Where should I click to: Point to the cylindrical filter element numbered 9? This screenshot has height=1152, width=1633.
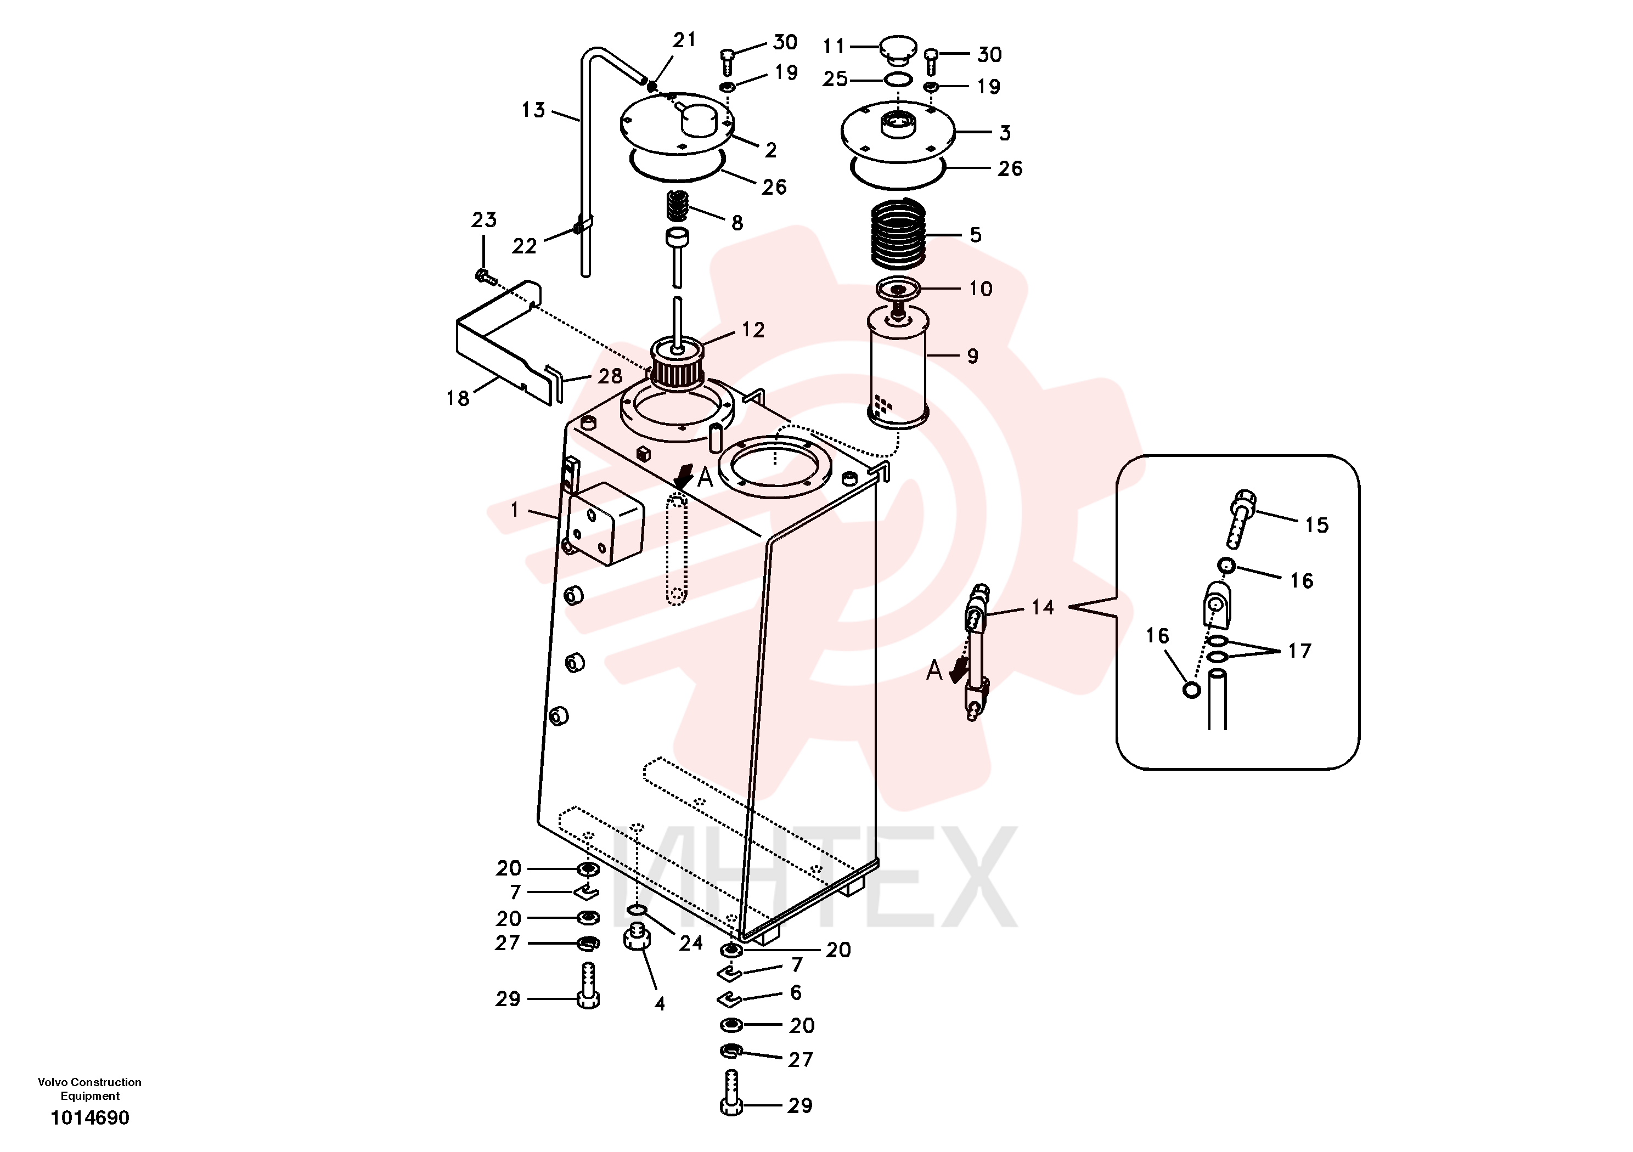click(898, 367)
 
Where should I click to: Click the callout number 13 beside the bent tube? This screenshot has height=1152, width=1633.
click(533, 110)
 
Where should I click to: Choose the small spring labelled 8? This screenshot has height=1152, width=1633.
click(677, 206)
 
